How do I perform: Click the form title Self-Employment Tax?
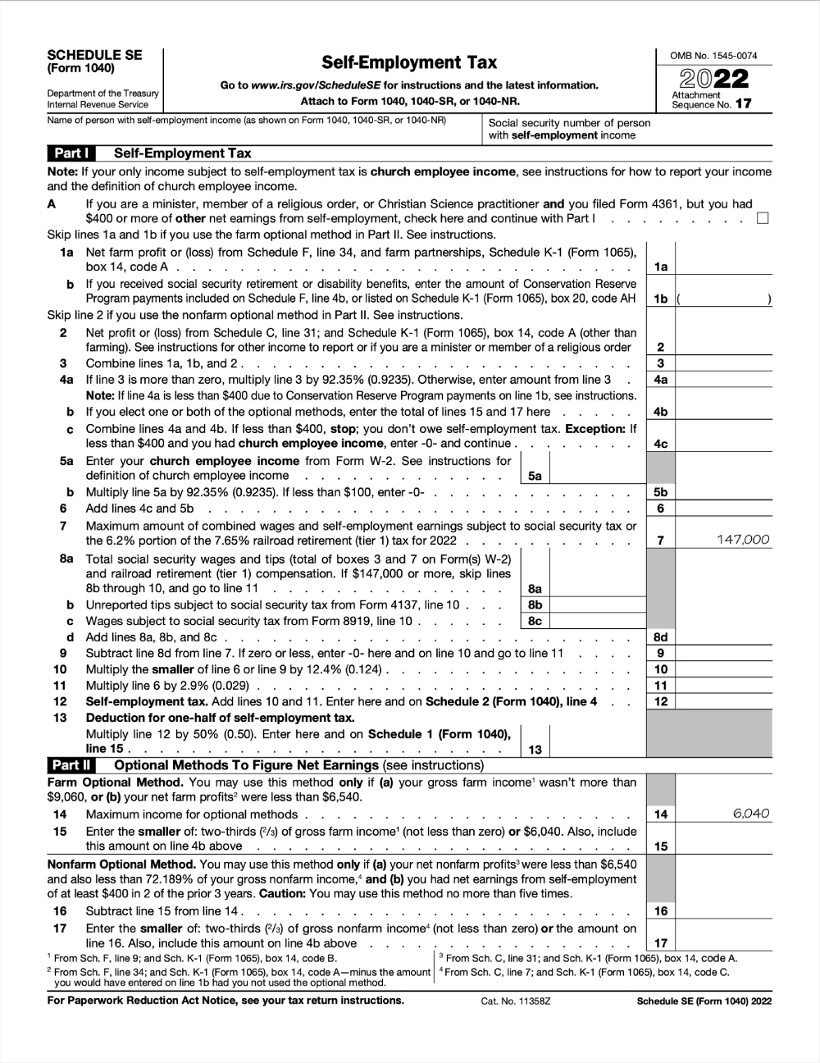click(x=408, y=62)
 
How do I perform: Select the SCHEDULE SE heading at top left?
click(x=94, y=55)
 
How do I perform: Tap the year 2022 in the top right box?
click(x=713, y=79)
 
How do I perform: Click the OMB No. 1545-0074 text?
click(x=713, y=56)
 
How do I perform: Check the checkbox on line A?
click(x=763, y=218)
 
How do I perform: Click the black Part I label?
click(x=71, y=153)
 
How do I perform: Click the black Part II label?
click(x=71, y=765)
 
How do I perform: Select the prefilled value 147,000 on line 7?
click(x=742, y=540)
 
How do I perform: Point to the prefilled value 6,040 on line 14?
click(x=751, y=814)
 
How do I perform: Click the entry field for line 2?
click(x=723, y=347)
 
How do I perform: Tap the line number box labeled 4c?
click(x=660, y=444)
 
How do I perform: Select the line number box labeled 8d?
click(x=660, y=637)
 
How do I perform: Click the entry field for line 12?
click(x=723, y=701)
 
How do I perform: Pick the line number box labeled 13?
click(x=535, y=749)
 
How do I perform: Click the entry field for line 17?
click(x=723, y=943)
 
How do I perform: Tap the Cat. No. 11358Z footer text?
click(x=515, y=1001)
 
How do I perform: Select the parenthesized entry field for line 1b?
click(x=723, y=299)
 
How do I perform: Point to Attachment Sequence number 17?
click(x=742, y=104)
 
